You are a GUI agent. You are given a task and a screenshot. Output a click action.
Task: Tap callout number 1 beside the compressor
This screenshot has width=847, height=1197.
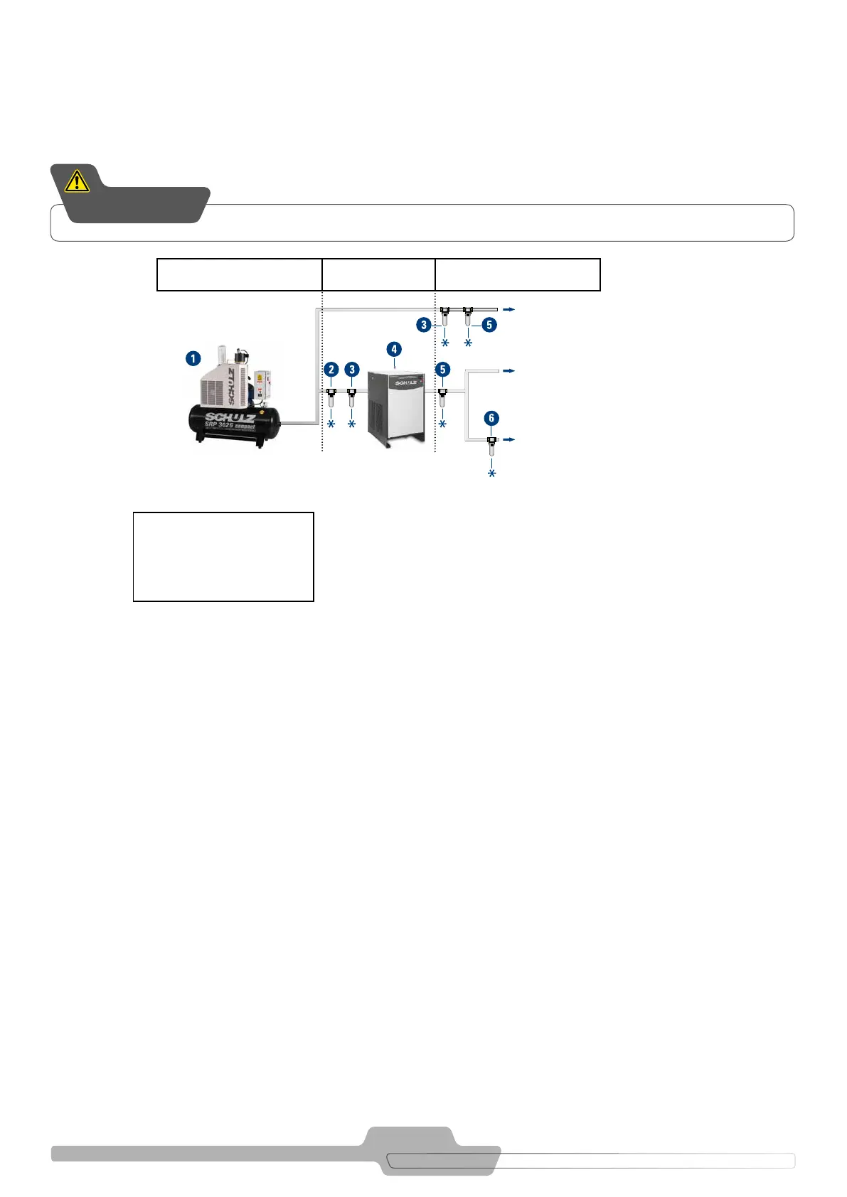[193, 358]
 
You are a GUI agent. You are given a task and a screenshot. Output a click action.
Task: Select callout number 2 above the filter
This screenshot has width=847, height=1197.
[331, 370]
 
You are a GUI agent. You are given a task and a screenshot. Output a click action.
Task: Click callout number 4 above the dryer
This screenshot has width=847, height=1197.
[394, 349]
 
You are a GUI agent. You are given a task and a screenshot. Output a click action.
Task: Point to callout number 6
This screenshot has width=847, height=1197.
[491, 418]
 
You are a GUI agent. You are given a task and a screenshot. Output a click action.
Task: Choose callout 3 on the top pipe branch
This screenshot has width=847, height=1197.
[424, 325]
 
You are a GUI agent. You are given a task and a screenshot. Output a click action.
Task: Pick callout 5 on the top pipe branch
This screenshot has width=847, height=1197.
[489, 325]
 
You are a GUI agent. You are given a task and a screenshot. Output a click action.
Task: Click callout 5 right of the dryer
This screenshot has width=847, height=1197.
[443, 370]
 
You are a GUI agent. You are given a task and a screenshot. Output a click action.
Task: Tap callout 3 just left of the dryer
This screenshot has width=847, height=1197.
[352, 370]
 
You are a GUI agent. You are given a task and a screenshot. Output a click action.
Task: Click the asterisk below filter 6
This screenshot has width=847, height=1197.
[491, 473]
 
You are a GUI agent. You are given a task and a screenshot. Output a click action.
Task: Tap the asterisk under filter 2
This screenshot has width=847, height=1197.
[331, 424]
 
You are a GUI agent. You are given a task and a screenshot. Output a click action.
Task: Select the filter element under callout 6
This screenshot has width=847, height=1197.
[491, 447]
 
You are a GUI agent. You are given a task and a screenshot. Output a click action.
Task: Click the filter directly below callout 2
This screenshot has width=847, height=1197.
[331, 398]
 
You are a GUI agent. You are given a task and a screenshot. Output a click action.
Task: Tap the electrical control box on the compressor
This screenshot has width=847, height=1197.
[263, 385]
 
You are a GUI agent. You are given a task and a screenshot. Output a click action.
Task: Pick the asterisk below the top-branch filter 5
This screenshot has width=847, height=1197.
[468, 343]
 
